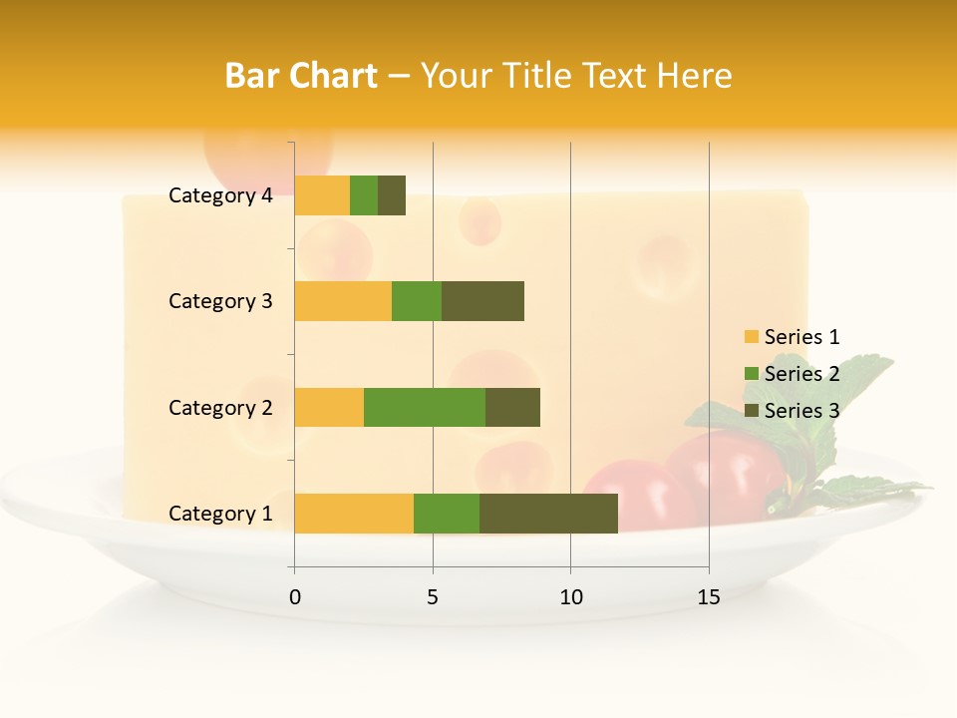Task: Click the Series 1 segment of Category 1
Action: pos(354,513)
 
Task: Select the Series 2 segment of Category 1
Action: pos(447,513)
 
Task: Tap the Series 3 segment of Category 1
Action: pos(548,513)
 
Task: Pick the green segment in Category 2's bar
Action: pos(425,407)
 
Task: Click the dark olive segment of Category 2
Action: pos(512,407)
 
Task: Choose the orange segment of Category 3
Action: pos(343,301)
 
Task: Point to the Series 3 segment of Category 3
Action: pos(482,301)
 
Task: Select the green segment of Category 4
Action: pos(364,195)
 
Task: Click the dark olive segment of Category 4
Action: pos(392,195)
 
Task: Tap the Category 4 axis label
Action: pos(220,195)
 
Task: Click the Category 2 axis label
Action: pos(220,407)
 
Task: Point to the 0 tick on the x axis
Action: pos(294,597)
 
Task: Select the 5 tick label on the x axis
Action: pos(433,597)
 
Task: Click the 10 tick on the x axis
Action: pos(570,597)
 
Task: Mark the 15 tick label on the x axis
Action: pos(708,597)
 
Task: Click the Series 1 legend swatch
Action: pos(751,337)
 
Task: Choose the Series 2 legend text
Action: pos(801,374)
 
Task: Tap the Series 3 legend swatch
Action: pos(751,411)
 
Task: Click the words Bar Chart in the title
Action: pos(301,76)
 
